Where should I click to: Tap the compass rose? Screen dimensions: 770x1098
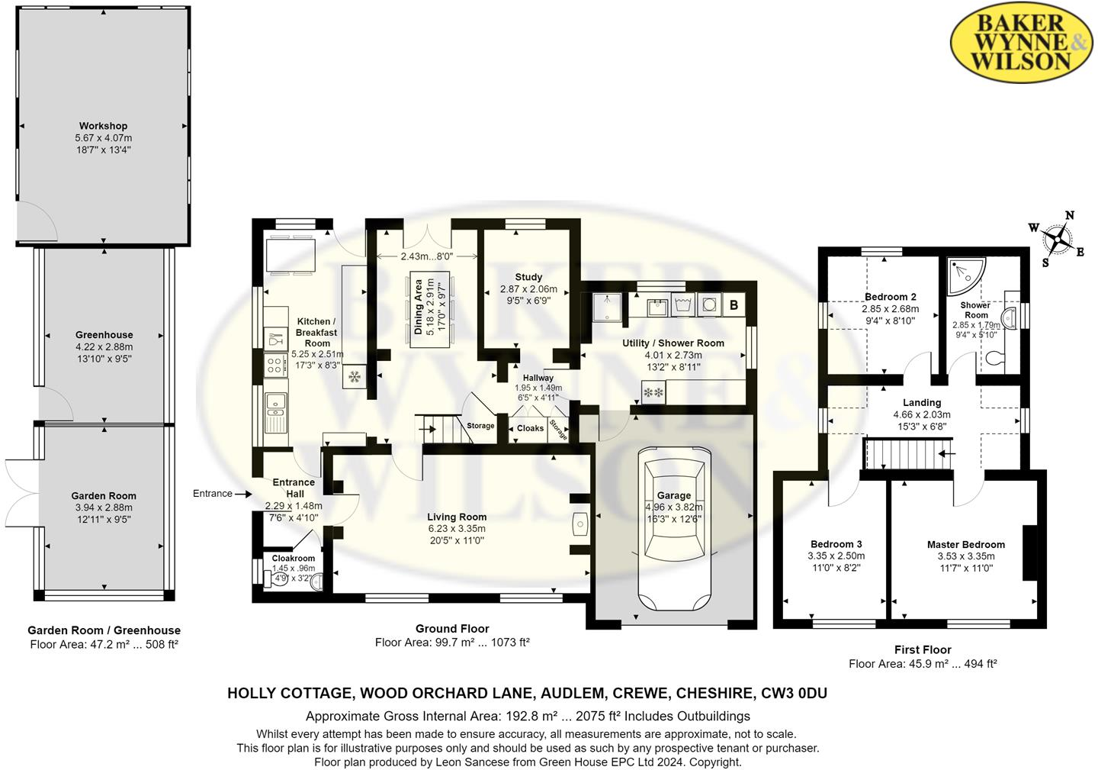[x=1057, y=239]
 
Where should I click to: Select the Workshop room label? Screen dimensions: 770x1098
[x=103, y=126]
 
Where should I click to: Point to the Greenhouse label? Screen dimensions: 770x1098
[x=104, y=335]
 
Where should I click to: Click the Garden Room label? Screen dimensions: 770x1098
[x=104, y=496]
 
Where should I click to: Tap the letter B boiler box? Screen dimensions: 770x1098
[x=734, y=305]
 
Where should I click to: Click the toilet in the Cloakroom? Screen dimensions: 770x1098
[x=274, y=578]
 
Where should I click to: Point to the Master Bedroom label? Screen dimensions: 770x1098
[x=965, y=545]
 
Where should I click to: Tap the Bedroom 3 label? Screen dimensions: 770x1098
[x=836, y=545]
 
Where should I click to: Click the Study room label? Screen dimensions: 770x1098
[x=528, y=277]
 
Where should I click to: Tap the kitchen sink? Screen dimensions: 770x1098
[x=275, y=411]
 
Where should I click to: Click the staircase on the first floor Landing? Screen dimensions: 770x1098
[x=900, y=456]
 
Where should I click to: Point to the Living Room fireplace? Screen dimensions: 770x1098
[x=579, y=524]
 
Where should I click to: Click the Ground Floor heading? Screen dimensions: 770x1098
[x=452, y=629]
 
